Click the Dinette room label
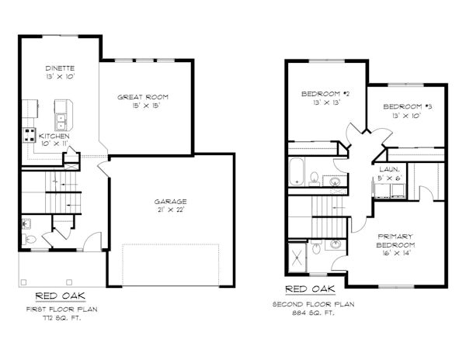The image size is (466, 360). tap(60, 68)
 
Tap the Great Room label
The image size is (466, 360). tap(143, 97)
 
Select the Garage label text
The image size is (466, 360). tap(170, 202)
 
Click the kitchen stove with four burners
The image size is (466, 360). tap(30, 135)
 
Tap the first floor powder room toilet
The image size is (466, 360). tap(30, 239)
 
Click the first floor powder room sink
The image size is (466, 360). tap(26, 224)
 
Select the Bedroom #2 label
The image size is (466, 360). tap(325, 94)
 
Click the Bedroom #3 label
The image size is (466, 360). tap(407, 106)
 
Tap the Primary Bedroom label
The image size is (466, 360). tap(395, 241)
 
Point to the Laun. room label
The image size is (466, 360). tap(389, 169)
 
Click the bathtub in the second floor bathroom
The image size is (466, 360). tap(297, 171)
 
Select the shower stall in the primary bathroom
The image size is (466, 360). tap(297, 258)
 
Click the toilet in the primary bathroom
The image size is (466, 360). tap(317, 247)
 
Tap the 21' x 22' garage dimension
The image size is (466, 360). tap(170, 209)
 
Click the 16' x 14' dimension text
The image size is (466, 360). tap(395, 253)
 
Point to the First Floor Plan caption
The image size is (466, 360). tap(62, 310)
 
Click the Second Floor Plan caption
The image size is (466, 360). tap(313, 304)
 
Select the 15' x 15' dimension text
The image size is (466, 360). tap(146, 106)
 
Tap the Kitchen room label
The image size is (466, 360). tap(54, 137)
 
